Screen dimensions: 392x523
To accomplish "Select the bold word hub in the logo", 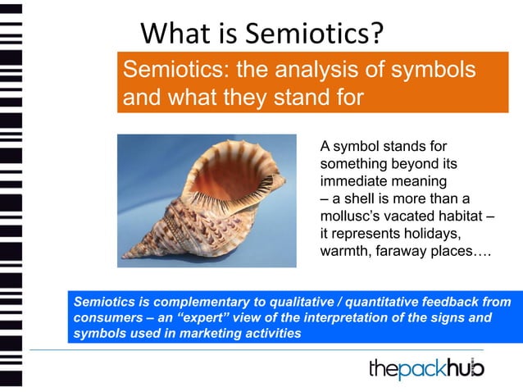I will click(466, 369).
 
